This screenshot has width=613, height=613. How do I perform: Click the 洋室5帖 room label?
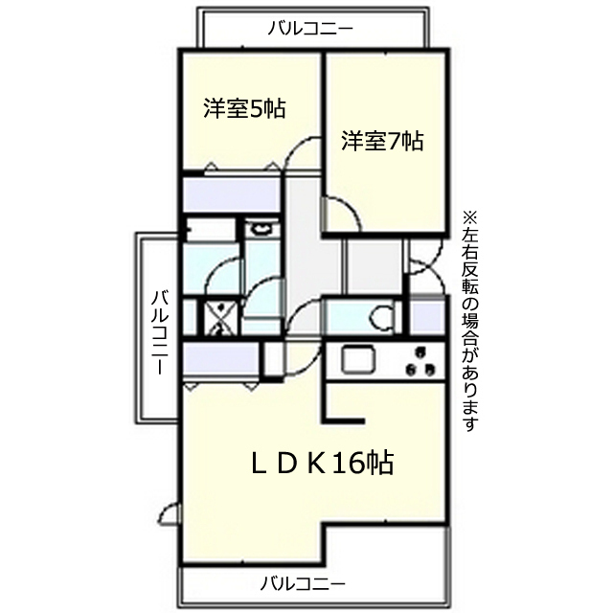pyautogui.click(x=244, y=108)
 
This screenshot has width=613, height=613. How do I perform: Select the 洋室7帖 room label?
pyautogui.click(x=382, y=141)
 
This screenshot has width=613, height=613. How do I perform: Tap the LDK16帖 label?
pyautogui.click(x=322, y=463)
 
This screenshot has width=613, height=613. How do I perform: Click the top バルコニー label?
pyautogui.click(x=310, y=29)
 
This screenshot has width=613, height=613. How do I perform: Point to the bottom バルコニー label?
pyautogui.click(x=303, y=584)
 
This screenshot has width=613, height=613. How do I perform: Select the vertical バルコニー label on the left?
pyautogui.click(x=160, y=332)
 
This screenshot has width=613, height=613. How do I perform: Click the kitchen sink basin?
pyautogui.click(x=358, y=360)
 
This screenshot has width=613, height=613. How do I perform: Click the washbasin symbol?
pyautogui.click(x=261, y=228)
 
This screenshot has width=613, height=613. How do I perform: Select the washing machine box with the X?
pyautogui.click(x=220, y=317)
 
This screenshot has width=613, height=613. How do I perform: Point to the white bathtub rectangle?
pyautogui.click(x=211, y=230)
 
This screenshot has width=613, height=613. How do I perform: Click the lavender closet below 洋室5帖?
pyautogui.click(x=232, y=194)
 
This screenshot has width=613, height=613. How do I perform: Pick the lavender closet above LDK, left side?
pyautogui.click(x=220, y=358)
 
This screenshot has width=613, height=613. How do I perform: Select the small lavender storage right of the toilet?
pyautogui.click(x=428, y=316)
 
